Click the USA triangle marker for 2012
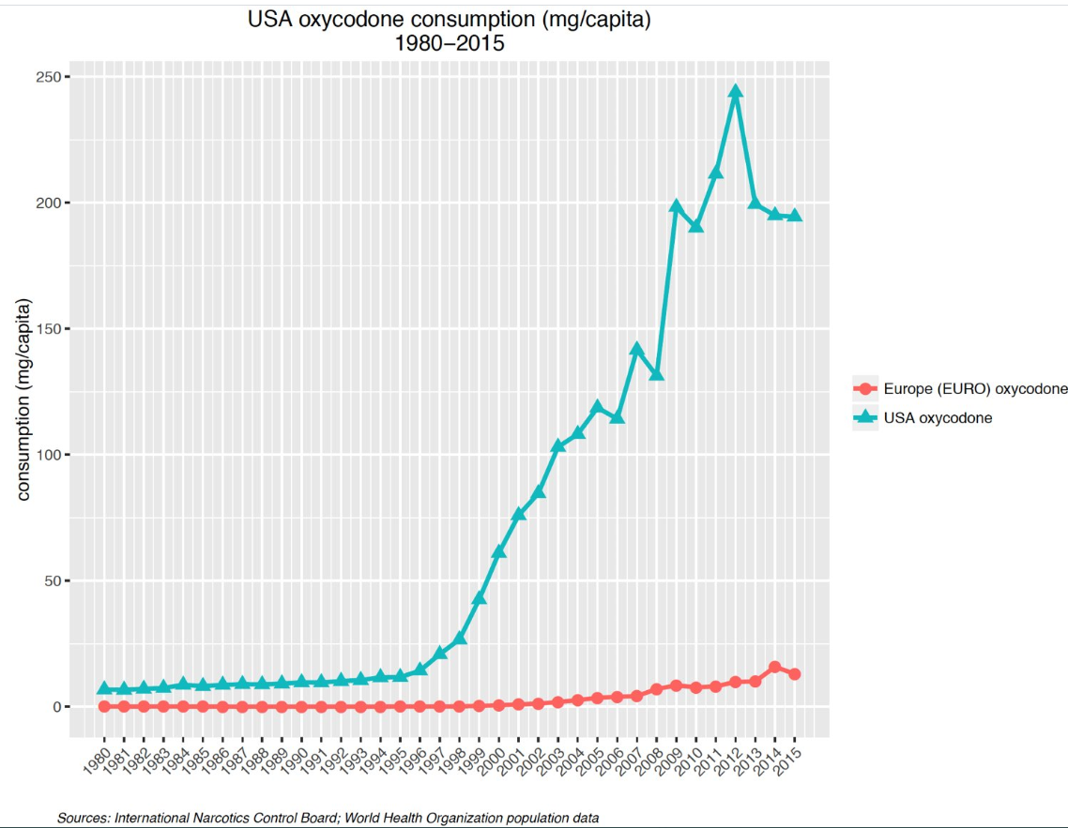(x=736, y=92)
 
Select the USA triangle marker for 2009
(x=677, y=206)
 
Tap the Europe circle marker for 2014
(x=775, y=668)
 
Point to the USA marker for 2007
(x=637, y=350)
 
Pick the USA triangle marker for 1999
(x=480, y=598)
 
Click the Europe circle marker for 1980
(x=104, y=706)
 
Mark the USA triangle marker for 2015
(x=795, y=216)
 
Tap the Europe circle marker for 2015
(x=795, y=674)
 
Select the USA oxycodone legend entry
(x=938, y=418)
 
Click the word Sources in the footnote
(x=83, y=818)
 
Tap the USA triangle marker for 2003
(x=558, y=445)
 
